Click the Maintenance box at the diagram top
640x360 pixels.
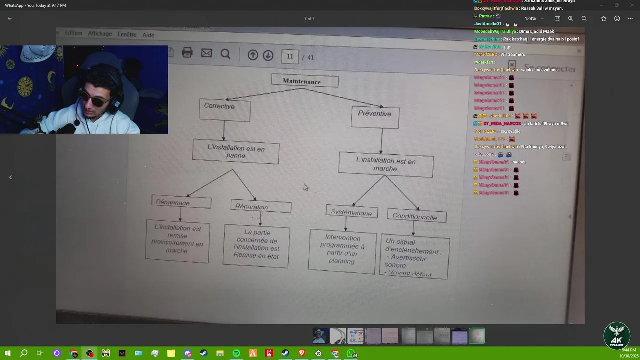(305, 81)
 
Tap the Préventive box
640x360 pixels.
(375, 117)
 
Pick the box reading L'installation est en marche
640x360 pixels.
(386, 165)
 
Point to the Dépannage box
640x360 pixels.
(181, 202)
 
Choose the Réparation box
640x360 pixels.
(261, 207)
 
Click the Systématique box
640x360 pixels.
(351, 212)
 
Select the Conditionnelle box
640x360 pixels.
(416, 216)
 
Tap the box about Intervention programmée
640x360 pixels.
(342, 251)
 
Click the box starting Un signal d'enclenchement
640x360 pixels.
(414, 257)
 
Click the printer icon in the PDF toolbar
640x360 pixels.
(187, 53)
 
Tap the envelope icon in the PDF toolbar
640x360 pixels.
(206, 53)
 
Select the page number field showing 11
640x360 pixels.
(290, 57)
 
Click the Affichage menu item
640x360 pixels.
(100, 34)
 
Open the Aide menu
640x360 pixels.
(148, 35)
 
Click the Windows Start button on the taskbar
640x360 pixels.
(8, 353)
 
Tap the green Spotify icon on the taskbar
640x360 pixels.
(236, 353)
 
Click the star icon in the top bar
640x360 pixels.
(604, 19)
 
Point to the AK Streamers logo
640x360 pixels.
(616, 335)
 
